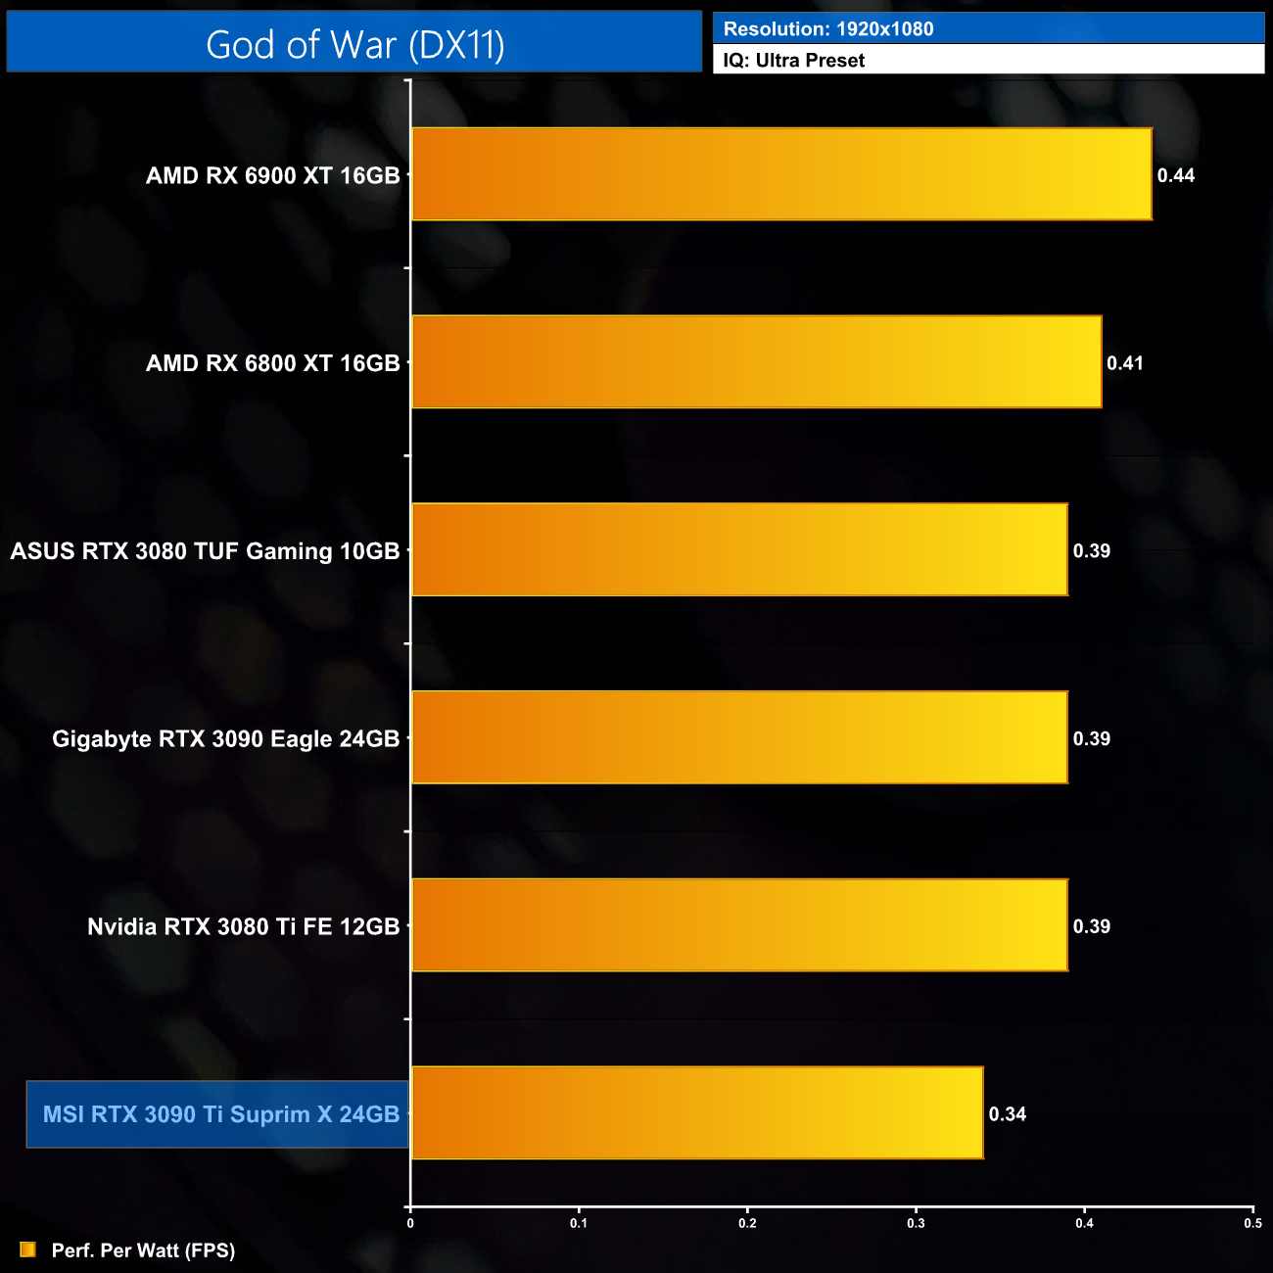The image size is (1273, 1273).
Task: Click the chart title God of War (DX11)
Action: (354, 45)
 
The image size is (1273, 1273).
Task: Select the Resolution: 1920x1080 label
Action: (828, 29)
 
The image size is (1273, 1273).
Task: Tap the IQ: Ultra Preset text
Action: (794, 61)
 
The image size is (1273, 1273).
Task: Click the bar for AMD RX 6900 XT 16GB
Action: (781, 174)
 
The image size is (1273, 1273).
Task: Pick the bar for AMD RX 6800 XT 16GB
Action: (756, 362)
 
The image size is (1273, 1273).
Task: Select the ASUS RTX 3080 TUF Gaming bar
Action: (739, 550)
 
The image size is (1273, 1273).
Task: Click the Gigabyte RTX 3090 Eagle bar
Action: (739, 738)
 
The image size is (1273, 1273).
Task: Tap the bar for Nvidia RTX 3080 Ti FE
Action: (739, 926)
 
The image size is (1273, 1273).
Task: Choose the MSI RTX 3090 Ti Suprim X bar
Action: (697, 1113)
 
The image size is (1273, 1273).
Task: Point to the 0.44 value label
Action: (1176, 175)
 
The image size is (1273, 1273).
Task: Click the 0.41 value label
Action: (1125, 363)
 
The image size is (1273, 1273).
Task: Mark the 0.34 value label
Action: (1008, 1114)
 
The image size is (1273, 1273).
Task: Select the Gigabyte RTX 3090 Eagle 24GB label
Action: (226, 739)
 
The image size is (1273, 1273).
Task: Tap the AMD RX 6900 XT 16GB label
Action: (273, 176)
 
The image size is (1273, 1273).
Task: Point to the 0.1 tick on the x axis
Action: (579, 1223)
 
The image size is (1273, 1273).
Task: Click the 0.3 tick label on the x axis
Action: (916, 1223)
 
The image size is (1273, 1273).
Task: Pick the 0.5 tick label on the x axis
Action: (1252, 1223)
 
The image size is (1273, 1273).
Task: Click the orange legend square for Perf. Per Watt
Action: (27, 1250)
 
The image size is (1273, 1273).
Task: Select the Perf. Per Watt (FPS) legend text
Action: (143, 1250)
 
